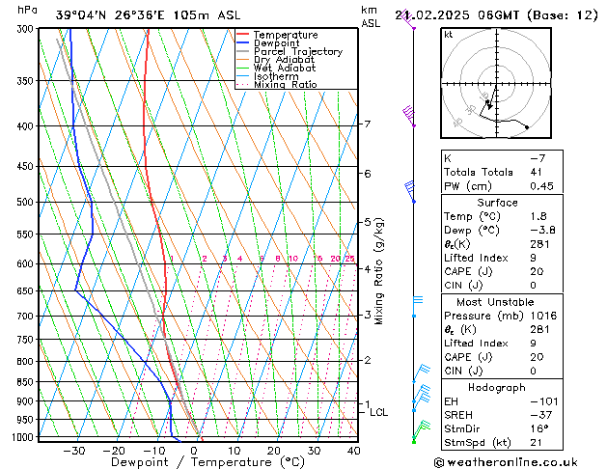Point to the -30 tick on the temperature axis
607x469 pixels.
(74, 450)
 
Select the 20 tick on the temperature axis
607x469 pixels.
(274, 450)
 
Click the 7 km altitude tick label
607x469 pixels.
(367, 124)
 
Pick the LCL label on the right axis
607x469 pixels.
(379, 412)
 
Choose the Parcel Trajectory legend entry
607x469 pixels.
(297, 52)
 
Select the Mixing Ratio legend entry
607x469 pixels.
(285, 85)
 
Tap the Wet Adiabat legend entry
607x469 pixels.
(284, 69)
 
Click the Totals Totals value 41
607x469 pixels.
(536, 172)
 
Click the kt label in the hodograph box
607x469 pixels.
(449, 34)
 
